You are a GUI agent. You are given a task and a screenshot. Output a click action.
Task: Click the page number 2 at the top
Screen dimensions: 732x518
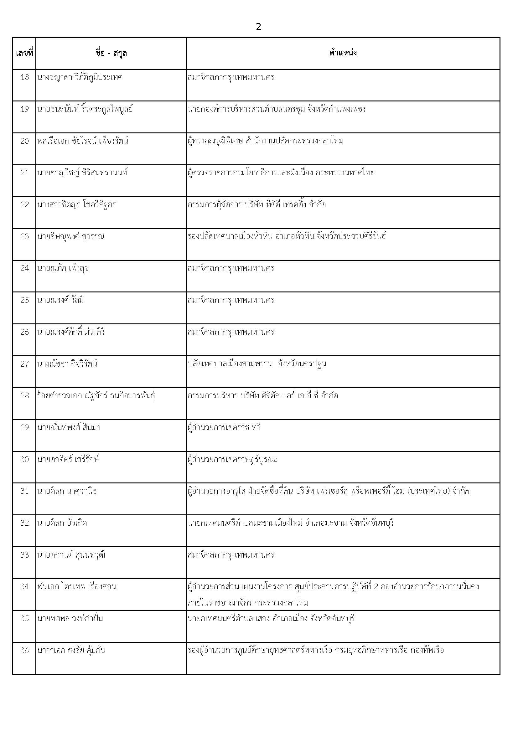258,27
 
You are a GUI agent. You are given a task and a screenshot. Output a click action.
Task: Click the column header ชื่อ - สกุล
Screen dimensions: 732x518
111,53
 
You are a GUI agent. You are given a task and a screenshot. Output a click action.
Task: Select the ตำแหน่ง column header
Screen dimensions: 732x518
343,53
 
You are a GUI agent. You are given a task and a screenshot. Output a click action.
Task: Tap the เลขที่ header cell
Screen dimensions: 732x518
24,53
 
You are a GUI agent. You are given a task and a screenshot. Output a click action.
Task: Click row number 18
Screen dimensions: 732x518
24,77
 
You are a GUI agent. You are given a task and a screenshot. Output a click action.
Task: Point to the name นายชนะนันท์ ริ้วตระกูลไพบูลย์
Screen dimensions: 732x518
85,109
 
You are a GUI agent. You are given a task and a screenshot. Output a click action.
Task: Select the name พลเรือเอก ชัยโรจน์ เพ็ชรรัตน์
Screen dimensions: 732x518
83,141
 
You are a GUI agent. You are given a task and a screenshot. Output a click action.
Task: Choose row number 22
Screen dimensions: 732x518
24,205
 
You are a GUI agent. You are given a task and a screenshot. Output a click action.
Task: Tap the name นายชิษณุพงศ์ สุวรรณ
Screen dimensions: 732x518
71,237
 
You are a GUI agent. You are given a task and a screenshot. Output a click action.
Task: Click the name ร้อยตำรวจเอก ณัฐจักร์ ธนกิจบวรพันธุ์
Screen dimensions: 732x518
96,396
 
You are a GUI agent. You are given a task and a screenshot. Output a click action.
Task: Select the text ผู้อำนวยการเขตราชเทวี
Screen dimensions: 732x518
224,428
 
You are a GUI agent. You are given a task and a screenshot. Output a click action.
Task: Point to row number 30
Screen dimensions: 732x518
24,459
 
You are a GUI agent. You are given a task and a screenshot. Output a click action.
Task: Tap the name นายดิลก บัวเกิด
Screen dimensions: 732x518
62,523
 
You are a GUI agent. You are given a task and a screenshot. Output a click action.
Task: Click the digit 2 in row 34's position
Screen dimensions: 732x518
376,587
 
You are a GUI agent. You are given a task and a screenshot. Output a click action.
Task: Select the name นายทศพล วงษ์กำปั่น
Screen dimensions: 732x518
70,618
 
